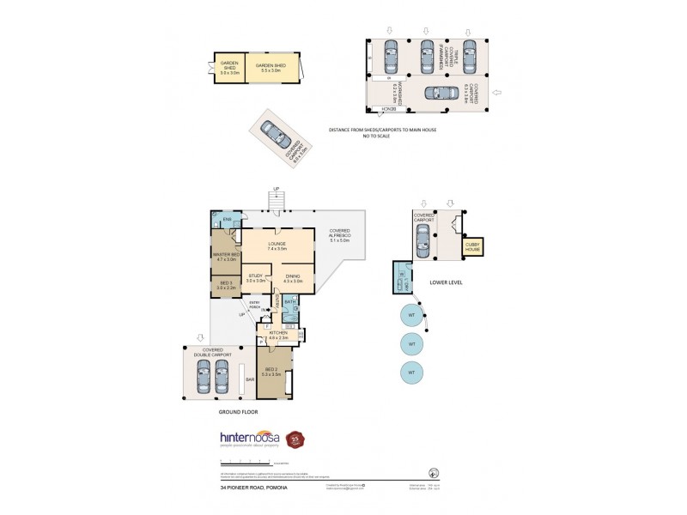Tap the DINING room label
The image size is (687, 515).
point(294,278)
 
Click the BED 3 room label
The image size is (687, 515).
point(225,286)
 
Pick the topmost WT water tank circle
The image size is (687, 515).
point(412,315)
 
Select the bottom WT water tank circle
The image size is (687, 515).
point(412,373)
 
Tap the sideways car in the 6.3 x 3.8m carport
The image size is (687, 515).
point(450,94)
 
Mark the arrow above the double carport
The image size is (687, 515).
point(200,337)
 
